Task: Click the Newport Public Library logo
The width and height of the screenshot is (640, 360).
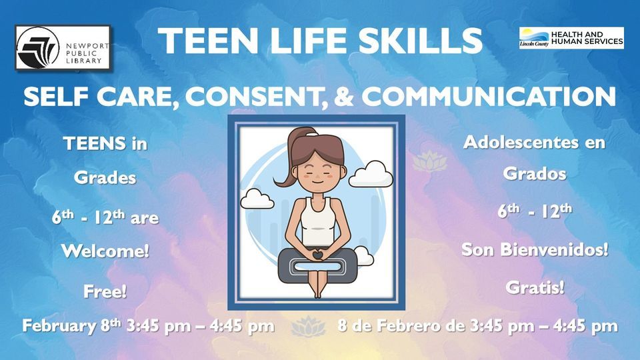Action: pyautogui.click(x=63, y=48)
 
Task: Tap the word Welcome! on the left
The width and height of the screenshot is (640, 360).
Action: pyautogui.click(x=105, y=251)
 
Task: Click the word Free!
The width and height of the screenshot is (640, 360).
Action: pyautogui.click(x=105, y=291)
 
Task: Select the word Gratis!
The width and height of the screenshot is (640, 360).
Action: pyautogui.click(x=535, y=288)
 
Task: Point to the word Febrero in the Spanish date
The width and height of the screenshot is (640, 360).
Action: pyautogui.click(x=421, y=327)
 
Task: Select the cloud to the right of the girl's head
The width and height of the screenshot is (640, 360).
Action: pyautogui.click(x=371, y=175)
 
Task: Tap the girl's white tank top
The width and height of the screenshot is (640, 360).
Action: pyautogui.click(x=317, y=221)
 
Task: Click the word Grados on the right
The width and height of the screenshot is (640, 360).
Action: pyautogui.click(x=535, y=173)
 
